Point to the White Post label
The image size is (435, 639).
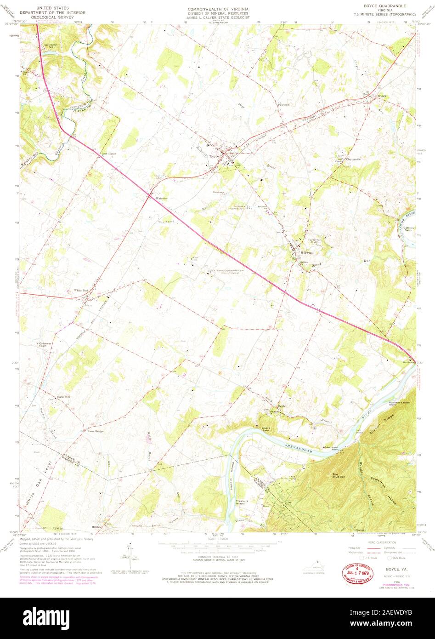(81, 291)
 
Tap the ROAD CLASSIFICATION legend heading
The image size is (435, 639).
(372, 543)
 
